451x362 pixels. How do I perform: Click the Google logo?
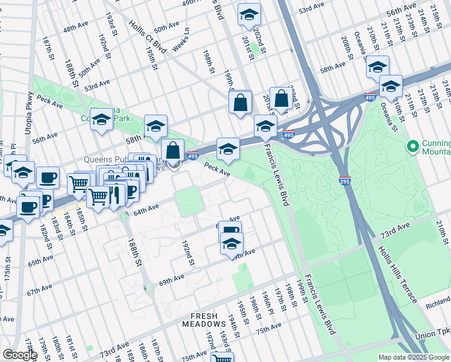point(20,355)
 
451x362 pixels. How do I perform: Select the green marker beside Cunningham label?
point(413,147)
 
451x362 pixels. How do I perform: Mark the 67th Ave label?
point(39,292)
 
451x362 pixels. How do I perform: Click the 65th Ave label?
point(40,263)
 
